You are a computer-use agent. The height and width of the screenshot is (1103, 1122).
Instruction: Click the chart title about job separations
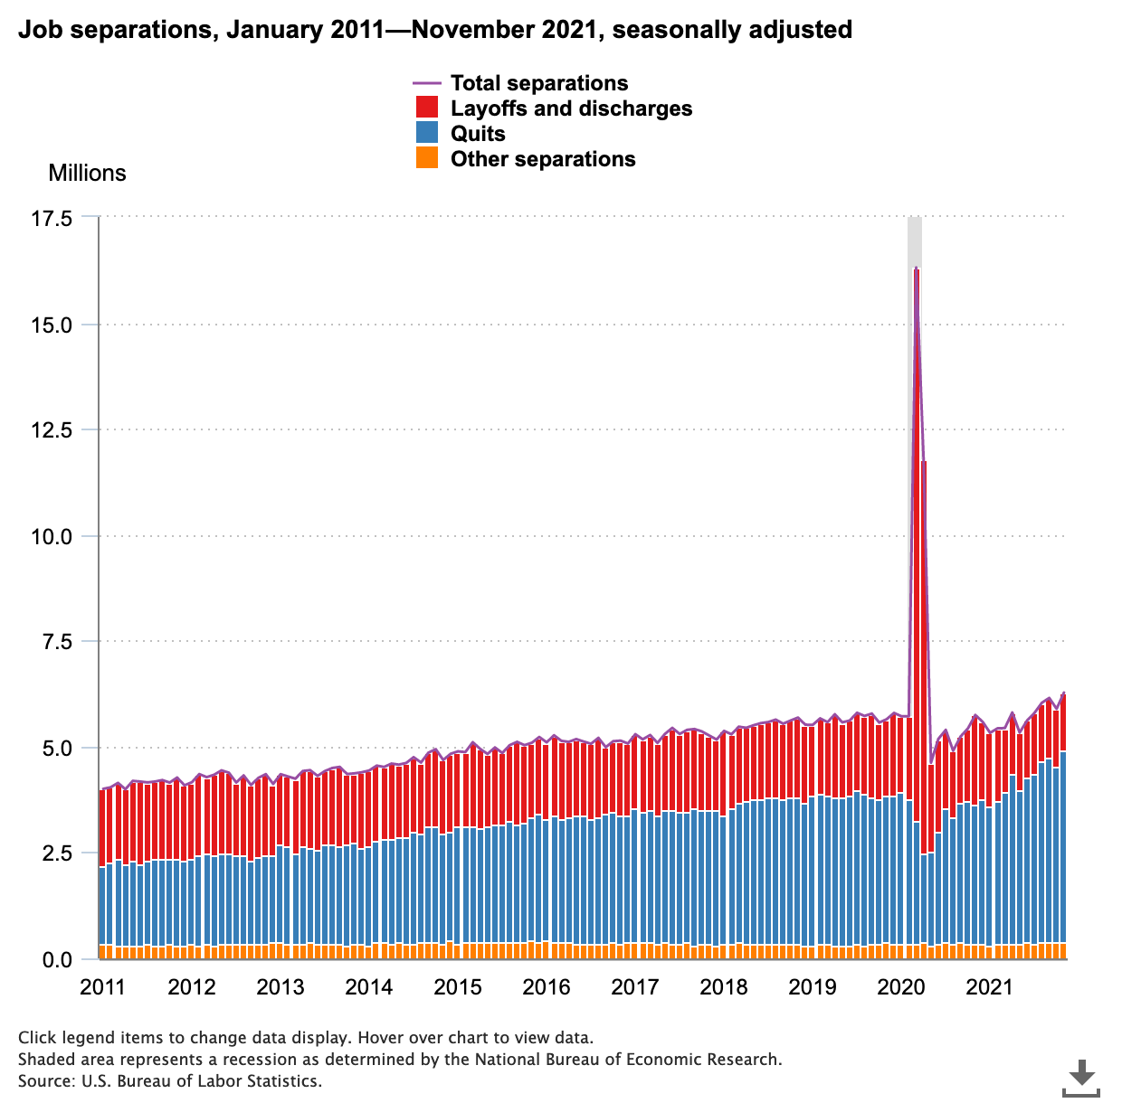(x=435, y=30)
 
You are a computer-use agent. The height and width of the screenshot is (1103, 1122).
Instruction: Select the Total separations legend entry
(x=538, y=83)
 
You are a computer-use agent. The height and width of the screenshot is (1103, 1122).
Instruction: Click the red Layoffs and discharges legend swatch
(x=427, y=108)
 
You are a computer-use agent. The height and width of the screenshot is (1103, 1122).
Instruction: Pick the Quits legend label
(x=478, y=134)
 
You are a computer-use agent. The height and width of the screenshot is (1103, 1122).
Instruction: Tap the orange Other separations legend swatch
(x=427, y=159)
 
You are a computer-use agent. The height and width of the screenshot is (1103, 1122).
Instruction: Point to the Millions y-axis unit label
(x=87, y=173)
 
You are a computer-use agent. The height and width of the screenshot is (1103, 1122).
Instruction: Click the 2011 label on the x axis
(x=101, y=986)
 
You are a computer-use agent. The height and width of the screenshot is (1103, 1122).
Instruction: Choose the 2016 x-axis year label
(x=546, y=986)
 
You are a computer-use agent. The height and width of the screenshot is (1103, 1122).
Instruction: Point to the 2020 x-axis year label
(x=901, y=986)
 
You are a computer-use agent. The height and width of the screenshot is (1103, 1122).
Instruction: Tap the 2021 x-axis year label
(x=990, y=986)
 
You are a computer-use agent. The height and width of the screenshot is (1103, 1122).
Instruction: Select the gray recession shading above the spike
(x=915, y=240)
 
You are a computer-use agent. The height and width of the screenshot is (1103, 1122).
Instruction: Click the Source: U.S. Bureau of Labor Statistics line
(x=169, y=1080)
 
